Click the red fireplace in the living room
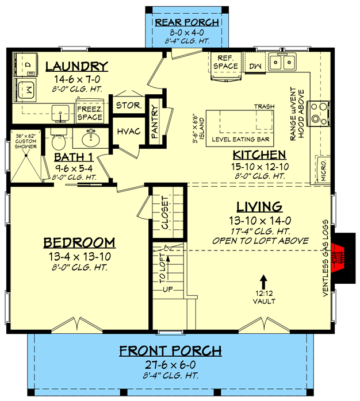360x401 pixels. (338, 258)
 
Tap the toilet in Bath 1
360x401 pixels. (59, 140)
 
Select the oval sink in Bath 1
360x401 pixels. (91, 139)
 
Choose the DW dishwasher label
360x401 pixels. (255, 66)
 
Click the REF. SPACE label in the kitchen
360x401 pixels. (225, 62)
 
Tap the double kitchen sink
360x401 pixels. (282, 62)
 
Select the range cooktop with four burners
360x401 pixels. (319, 114)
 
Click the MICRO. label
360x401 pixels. (324, 170)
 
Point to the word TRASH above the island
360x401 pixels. (264, 106)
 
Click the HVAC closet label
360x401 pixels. (129, 132)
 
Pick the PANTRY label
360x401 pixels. (155, 122)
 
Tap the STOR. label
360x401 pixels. (129, 105)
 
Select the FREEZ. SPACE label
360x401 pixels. (90, 113)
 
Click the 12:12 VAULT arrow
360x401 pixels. (264, 282)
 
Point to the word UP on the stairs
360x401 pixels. (168, 290)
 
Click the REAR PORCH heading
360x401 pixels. (187, 22)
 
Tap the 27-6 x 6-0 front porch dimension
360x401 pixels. (170, 364)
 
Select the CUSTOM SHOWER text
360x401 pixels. (26, 144)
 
